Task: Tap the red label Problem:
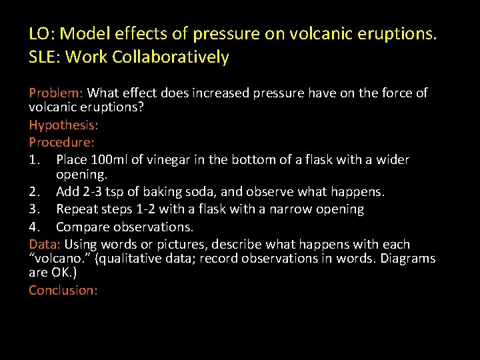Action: pyautogui.click(x=56, y=93)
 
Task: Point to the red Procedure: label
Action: pyautogui.click(x=61, y=142)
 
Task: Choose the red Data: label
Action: pyautogui.click(x=45, y=244)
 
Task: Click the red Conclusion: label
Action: pyautogui.click(x=63, y=290)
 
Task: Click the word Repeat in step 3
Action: pyautogui.click(x=77, y=209)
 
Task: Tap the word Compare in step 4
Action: pyautogui.click(x=82, y=227)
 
